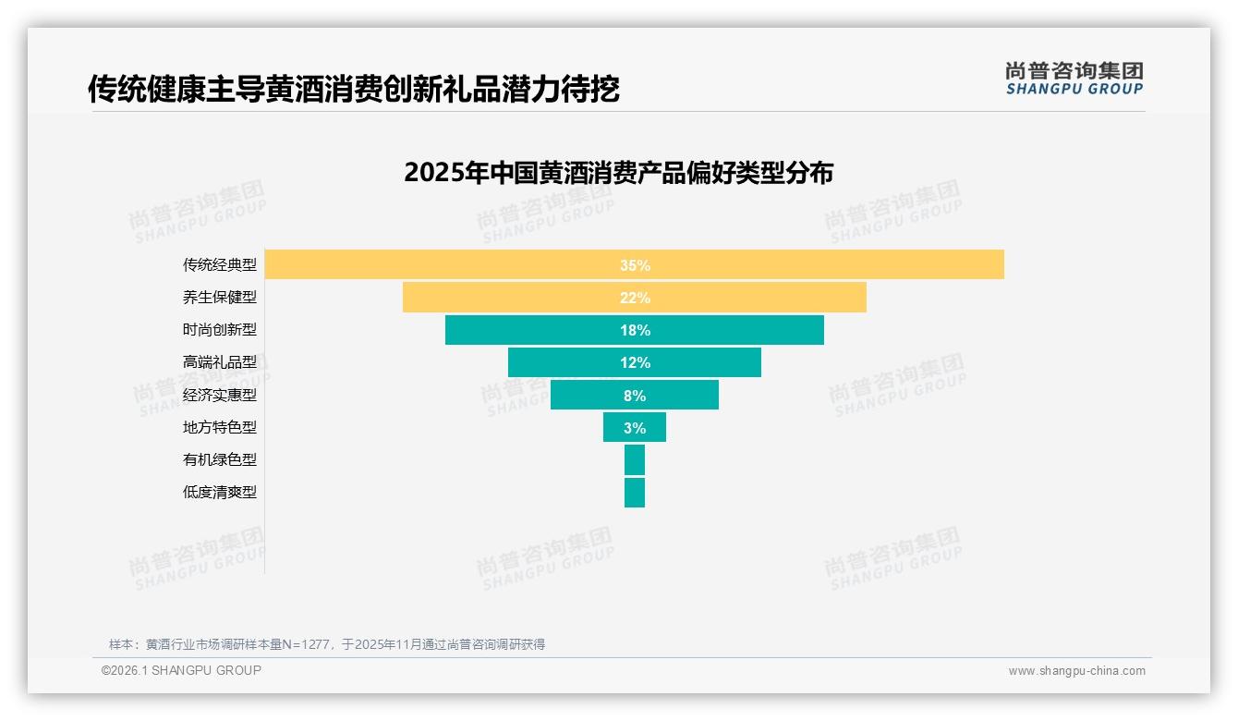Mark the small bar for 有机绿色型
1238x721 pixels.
[635, 459]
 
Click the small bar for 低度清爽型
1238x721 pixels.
[635, 492]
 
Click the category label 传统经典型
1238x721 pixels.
[220, 265]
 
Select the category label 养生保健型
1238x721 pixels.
[220, 298]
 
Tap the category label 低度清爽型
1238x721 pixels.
[220, 492]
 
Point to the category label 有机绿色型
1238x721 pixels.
[220, 459]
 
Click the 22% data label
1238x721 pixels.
[635, 298]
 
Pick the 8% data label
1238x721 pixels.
[635, 396]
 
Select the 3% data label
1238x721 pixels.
[635, 428]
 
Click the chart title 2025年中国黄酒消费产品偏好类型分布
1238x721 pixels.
[619, 173]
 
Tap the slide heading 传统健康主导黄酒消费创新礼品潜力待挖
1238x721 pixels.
[354, 89]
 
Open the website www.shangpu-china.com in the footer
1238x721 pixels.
[1076, 671]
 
